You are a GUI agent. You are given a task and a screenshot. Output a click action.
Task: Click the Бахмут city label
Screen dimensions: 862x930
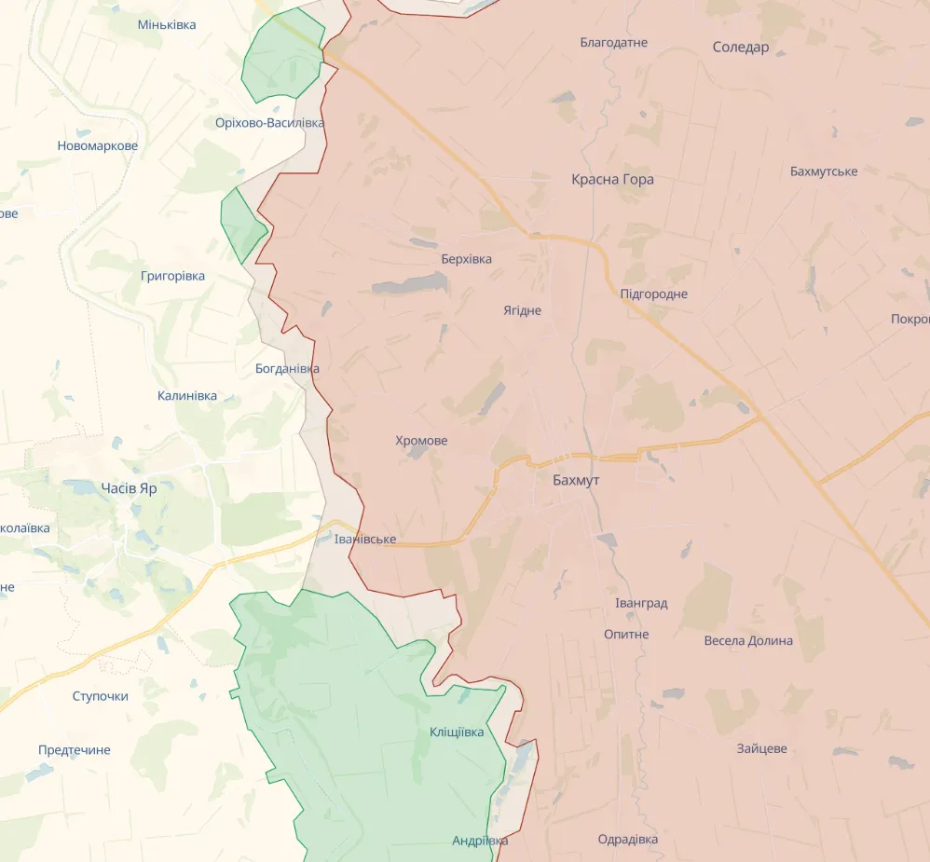click(x=576, y=480)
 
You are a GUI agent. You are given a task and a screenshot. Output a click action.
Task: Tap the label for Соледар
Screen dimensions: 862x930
click(x=741, y=47)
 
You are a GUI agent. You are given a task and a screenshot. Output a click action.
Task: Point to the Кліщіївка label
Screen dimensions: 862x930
click(x=457, y=732)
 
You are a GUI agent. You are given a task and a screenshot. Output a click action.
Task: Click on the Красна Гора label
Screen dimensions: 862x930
click(x=612, y=179)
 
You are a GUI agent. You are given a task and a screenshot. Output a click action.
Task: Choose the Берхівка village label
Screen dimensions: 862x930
click(x=466, y=259)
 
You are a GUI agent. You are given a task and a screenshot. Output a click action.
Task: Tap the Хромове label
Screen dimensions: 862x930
click(x=421, y=440)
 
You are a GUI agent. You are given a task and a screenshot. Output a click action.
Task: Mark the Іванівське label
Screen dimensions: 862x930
click(x=365, y=540)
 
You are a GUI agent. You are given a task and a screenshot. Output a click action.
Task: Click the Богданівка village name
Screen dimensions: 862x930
click(x=287, y=368)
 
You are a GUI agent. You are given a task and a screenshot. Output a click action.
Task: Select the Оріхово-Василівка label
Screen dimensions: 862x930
click(x=269, y=123)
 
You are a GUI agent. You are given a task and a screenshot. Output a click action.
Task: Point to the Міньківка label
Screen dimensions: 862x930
click(x=167, y=24)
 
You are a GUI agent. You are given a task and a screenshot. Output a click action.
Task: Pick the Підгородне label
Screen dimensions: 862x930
click(x=654, y=294)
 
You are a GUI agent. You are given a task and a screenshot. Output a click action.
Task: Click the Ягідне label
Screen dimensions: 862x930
click(x=522, y=310)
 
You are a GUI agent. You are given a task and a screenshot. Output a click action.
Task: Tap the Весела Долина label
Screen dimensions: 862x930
click(x=748, y=640)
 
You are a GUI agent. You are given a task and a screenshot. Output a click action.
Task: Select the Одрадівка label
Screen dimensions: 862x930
click(x=628, y=839)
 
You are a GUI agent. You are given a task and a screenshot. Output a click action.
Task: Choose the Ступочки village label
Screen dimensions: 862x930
click(x=100, y=696)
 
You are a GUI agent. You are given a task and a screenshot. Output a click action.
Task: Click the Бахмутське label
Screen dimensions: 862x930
click(x=824, y=171)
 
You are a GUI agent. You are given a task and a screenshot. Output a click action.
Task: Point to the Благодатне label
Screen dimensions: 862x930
click(x=613, y=42)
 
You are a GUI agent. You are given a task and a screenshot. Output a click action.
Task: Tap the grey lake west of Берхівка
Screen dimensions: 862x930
click(x=409, y=284)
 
